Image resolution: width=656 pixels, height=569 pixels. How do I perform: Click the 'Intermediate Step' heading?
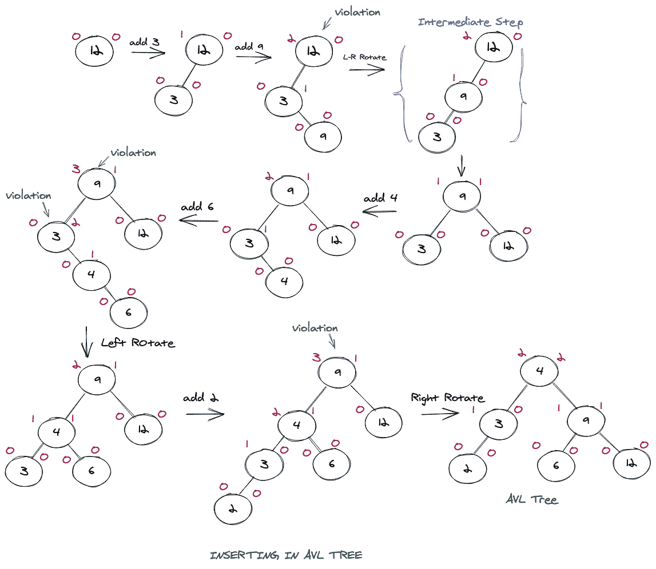tap(470, 22)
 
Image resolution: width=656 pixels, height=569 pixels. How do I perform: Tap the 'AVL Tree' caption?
tap(531, 499)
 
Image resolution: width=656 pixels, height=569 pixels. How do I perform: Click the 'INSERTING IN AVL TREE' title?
tap(286, 555)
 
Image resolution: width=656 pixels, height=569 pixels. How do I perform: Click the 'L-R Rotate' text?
tap(364, 58)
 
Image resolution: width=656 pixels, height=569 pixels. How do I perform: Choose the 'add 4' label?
tap(380, 199)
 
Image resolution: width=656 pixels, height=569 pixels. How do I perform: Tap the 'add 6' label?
tap(197, 207)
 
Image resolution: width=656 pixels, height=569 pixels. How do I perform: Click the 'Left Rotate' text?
tap(137, 343)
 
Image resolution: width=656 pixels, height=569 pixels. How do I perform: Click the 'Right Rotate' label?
tap(447, 398)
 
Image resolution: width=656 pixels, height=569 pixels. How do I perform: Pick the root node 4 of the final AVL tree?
tap(539, 371)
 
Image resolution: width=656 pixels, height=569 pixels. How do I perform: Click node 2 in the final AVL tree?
tap(467, 470)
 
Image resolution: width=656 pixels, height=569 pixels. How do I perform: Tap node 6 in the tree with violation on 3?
tap(128, 313)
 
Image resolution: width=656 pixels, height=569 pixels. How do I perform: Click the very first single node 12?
tap(95, 52)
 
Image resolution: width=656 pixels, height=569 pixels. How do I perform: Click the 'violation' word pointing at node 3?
tap(28, 195)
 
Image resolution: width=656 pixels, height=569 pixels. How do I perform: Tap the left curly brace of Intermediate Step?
tap(400, 94)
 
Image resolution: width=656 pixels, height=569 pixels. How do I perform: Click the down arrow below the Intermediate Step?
tap(462, 167)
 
